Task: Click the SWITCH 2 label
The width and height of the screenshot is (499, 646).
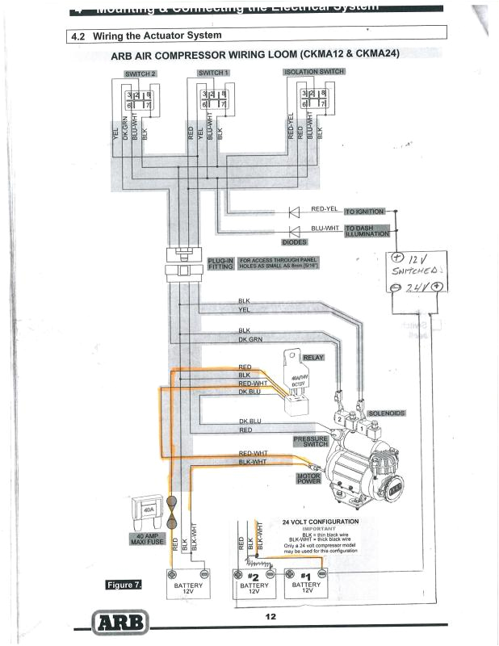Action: pos(140,73)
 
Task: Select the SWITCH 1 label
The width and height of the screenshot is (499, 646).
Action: pos(214,73)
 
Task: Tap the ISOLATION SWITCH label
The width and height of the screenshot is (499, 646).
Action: pos(314,72)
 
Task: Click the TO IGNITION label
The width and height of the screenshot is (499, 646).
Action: pos(365,212)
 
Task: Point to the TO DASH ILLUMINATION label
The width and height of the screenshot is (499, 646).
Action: pos(367,231)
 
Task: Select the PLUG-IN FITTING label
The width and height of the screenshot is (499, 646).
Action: pos(220,264)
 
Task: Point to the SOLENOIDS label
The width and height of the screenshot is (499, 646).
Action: pos(386,413)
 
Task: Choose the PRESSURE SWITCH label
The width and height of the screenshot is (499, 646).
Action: pos(310,441)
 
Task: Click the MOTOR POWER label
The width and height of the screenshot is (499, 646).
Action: pos(309,480)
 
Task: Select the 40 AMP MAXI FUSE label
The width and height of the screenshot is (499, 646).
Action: pos(146,539)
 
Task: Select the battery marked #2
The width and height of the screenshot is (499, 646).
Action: pos(253,584)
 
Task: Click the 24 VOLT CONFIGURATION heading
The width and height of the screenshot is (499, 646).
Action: pos(320,522)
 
